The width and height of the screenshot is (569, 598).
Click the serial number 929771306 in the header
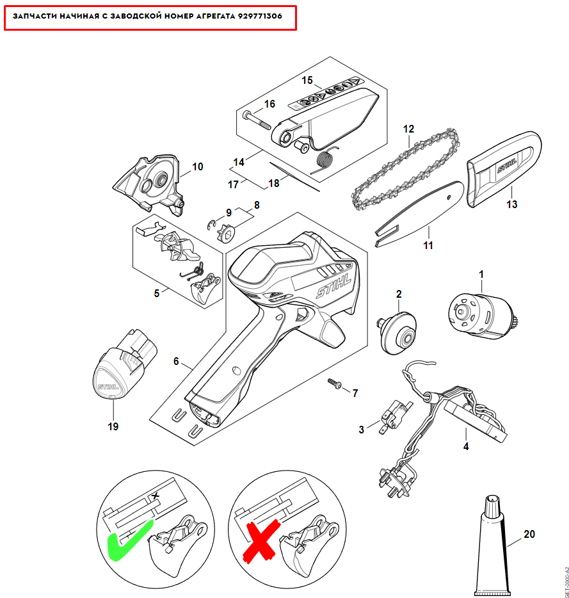pyautogui.click(x=260, y=16)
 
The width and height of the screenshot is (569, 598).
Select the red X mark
pyautogui.click(x=262, y=542)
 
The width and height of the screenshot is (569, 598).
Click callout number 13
pyautogui.click(x=511, y=204)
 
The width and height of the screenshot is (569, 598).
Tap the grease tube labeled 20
pyautogui.click(x=492, y=545)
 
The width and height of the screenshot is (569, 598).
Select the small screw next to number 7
pyautogui.click(x=335, y=384)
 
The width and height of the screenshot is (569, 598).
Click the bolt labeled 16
pyautogui.click(x=256, y=120)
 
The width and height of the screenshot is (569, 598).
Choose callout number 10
pyautogui.click(x=198, y=166)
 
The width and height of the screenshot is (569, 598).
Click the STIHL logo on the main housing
pyautogui.click(x=333, y=286)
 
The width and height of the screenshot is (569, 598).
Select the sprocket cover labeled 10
pyautogui.click(x=148, y=184)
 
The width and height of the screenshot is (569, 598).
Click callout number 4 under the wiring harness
pyautogui.click(x=466, y=446)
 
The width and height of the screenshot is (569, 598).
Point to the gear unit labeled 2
pyautogui.click(x=397, y=332)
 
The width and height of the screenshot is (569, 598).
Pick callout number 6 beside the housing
pyautogui.click(x=176, y=361)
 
